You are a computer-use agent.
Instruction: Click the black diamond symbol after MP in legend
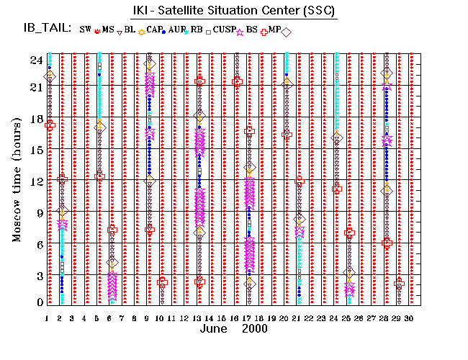(x=286, y=32)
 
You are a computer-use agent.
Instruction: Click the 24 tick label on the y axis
(x=35, y=60)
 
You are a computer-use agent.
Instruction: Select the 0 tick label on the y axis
(x=38, y=302)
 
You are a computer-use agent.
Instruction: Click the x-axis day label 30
(x=410, y=318)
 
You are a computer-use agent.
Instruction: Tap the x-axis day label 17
(x=248, y=318)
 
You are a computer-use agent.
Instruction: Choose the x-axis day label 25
(x=348, y=318)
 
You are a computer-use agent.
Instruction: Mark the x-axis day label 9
(x=148, y=318)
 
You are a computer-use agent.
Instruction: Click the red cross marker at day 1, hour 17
(x=50, y=125)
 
